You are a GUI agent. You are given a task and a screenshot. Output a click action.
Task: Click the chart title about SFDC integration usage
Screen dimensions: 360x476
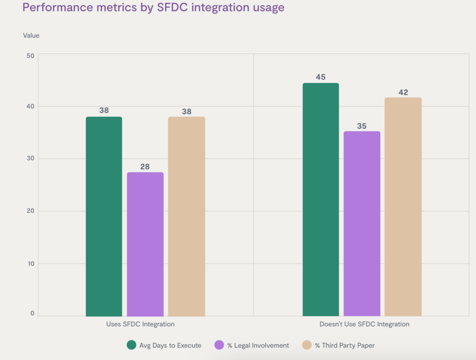click(x=153, y=8)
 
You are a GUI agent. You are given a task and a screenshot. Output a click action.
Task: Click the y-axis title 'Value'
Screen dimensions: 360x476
click(x=31, y=35)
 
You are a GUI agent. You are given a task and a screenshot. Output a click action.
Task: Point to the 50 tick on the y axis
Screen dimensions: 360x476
click(x=31, y=56)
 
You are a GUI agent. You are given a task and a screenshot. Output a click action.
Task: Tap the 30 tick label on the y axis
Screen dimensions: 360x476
click(x=31, y=159)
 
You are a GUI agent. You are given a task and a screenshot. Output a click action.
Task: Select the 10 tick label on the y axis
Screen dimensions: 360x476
click(x=31, y=264)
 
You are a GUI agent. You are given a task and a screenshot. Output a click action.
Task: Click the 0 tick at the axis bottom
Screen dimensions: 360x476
click(x=33, y=313)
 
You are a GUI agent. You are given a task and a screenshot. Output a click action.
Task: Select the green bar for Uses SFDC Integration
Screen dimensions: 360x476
click(x=104, y=216)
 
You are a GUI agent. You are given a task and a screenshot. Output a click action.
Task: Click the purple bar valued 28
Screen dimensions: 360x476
click(x=145, y=244)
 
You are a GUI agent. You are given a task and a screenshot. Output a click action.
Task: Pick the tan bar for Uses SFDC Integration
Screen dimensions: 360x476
click(x=186, y=216)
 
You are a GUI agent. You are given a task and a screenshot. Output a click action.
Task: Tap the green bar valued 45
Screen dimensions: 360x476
click(x=321, y=200)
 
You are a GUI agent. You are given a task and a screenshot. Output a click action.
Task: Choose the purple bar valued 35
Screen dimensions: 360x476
click(x=362, y=223)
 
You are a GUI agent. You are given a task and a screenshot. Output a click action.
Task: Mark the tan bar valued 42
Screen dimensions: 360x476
click(x=403, y=207)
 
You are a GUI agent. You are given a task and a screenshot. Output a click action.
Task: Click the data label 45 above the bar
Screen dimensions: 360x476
click(x=321, y=77)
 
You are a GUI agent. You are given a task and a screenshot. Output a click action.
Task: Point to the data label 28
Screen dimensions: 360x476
click(x=145, y=167)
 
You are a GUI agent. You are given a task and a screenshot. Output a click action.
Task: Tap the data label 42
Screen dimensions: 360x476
click(x=403, y=92)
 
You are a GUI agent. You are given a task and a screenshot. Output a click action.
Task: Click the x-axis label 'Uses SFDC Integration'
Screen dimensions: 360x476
click(x=140, y=324)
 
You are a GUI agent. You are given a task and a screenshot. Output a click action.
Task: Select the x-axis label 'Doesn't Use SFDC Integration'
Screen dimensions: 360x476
click(x=364, y=324)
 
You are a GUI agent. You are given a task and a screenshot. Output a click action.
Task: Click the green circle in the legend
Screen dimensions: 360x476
click(x=132, y=345)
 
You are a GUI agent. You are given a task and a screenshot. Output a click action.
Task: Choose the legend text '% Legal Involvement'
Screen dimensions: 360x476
click(x=258, y=346)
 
